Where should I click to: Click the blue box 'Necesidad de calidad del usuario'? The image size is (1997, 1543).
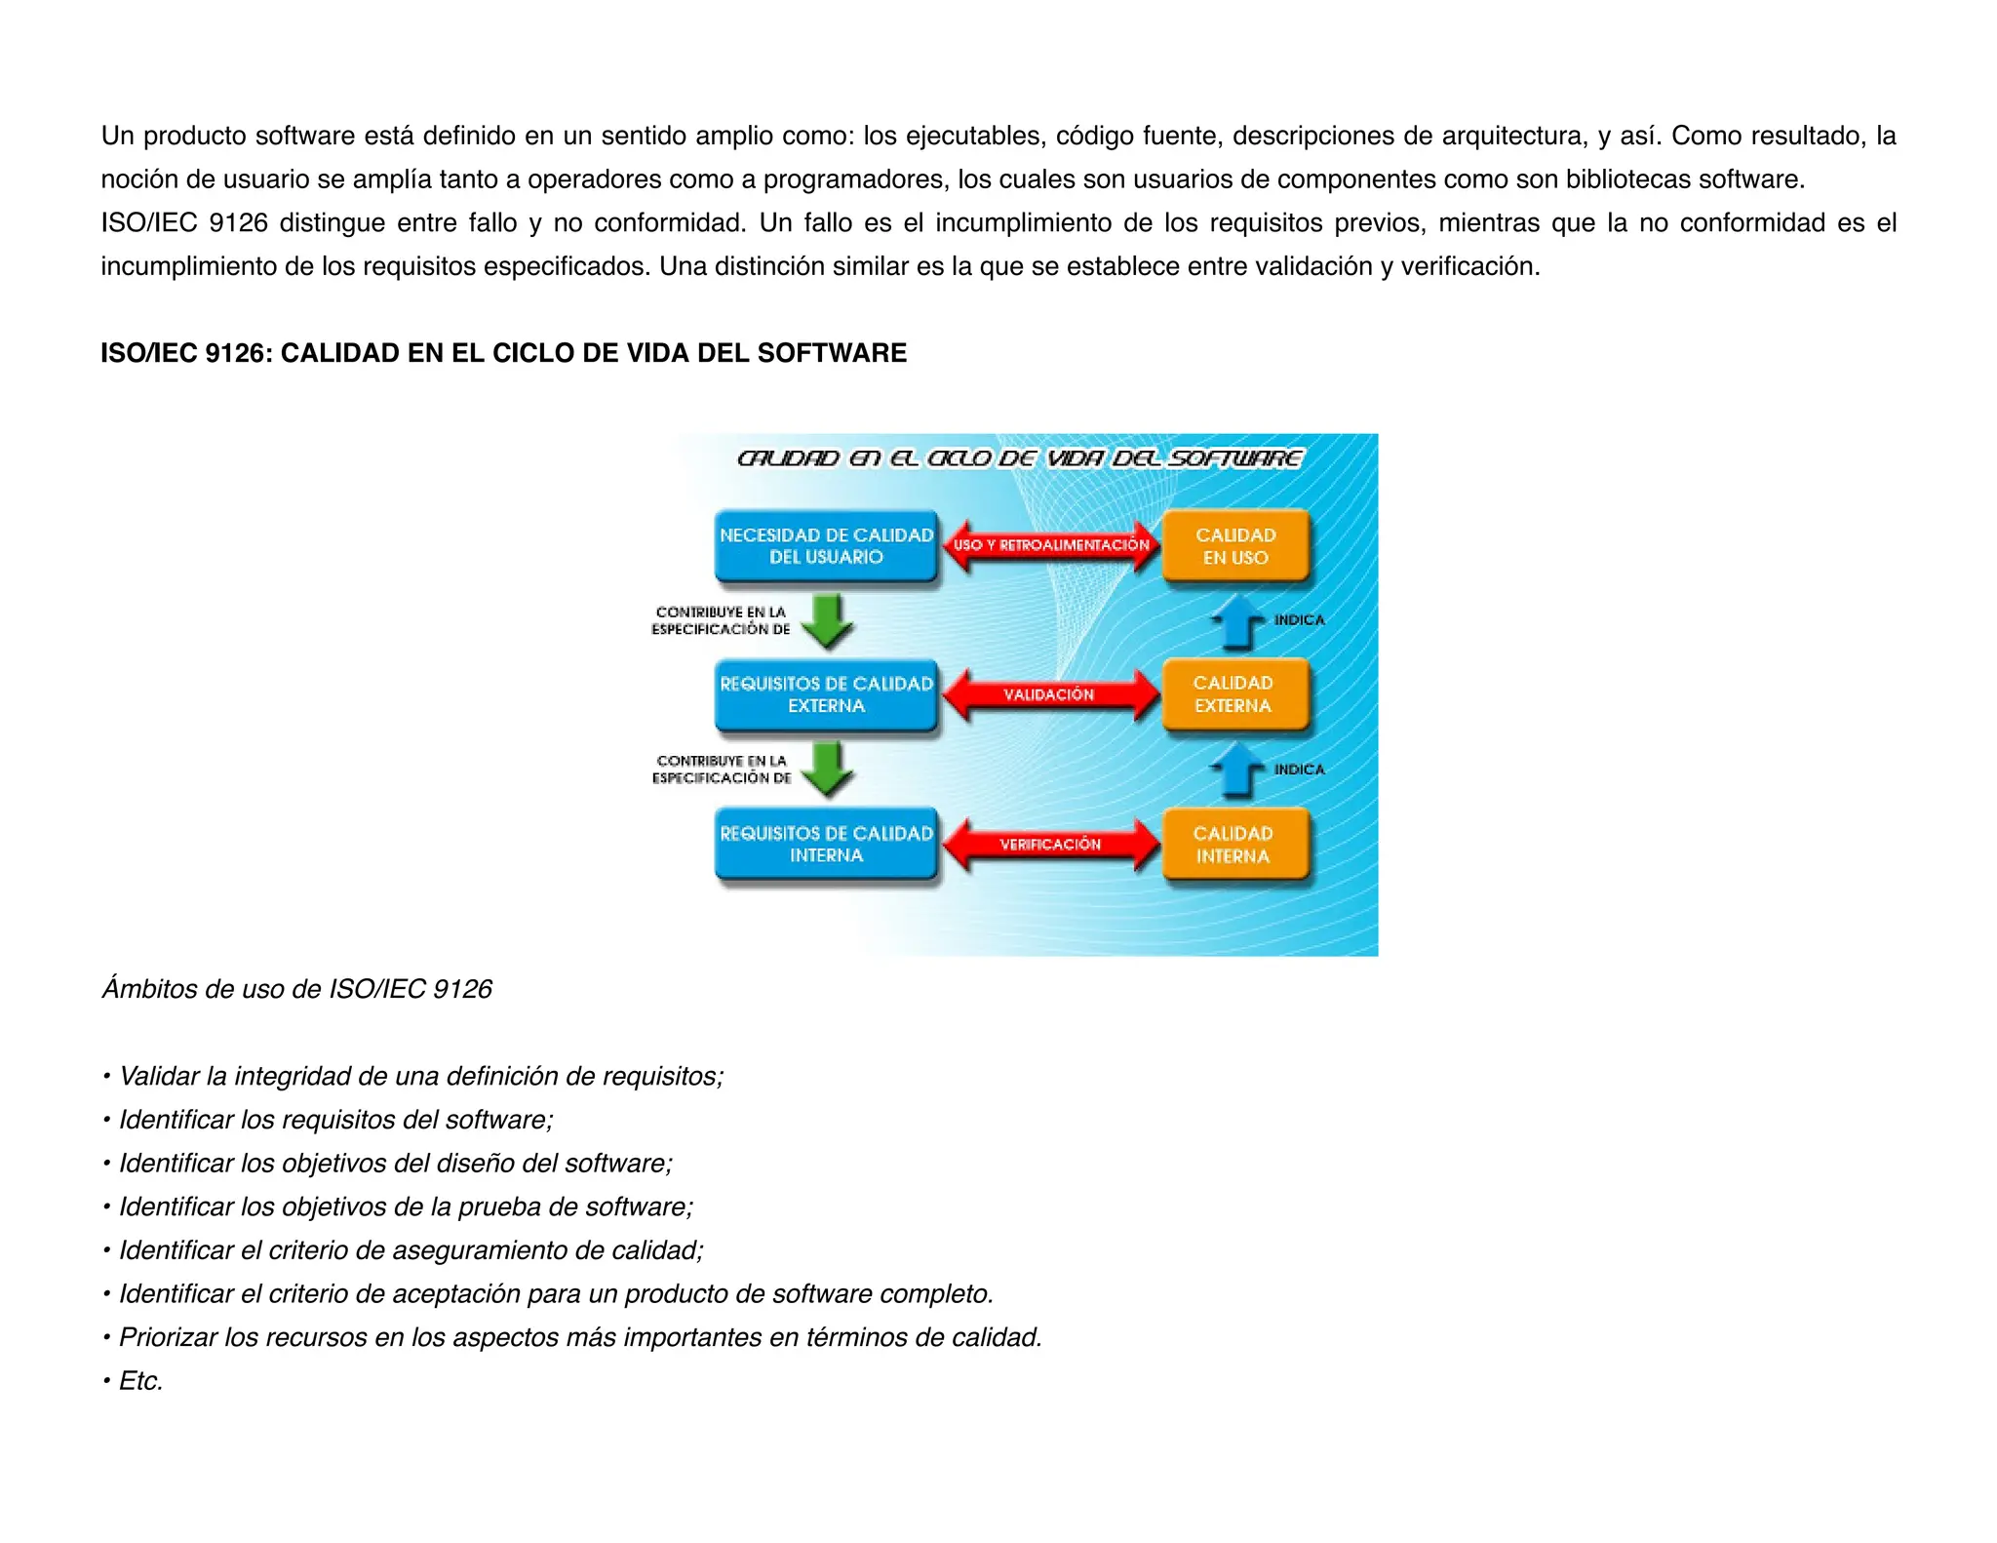[826, 546]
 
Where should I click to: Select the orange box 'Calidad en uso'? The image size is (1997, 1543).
[1235, 546]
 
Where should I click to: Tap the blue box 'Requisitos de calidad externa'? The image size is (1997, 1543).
[826, 694]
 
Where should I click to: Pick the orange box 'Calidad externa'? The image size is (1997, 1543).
[1233, 694]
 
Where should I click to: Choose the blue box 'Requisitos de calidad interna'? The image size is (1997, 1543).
[826, 845]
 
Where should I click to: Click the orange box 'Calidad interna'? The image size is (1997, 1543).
[1233, 845]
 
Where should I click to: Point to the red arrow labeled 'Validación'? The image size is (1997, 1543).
[1050, 694]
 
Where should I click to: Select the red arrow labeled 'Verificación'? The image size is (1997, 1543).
[1050, 845]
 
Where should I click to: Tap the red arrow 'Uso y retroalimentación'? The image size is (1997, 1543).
[1050, 545]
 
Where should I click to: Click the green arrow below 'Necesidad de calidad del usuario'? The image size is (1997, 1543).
[828, 621]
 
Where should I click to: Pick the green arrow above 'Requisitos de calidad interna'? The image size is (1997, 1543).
[828, 770]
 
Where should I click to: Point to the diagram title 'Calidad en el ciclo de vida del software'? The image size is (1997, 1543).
[1020, 458]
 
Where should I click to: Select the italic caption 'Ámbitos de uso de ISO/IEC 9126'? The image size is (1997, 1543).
[296, 989]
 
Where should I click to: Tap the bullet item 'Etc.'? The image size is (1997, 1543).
[140, 1381]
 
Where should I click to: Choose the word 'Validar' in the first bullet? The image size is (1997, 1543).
[159, 1076]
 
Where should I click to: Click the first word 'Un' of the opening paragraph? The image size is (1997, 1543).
[117, 136]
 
